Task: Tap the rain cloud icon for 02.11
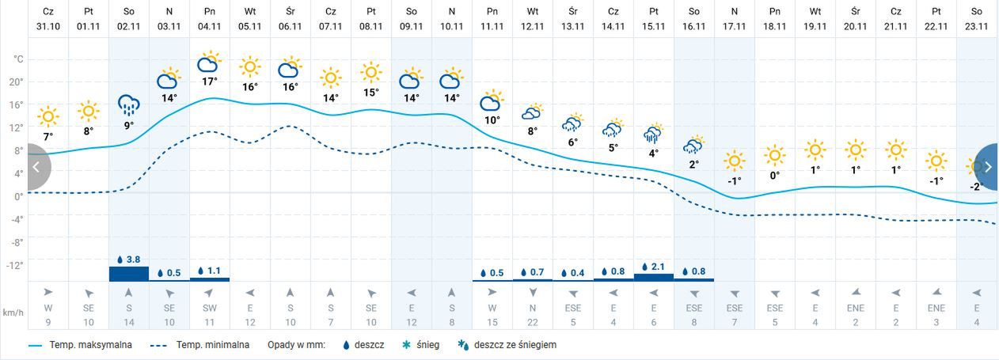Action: coord(129,104)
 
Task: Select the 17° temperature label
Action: coord(210,81)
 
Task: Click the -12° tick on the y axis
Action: coord(16,264)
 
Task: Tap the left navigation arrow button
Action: coord(36,167)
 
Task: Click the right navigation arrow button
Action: coord(988,167)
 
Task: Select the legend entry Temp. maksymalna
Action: coord(79,345)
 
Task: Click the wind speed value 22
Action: coord(533,322)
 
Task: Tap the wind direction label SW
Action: coord(210,308)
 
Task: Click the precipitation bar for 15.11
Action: coord(654,276)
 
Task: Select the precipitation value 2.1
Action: coord(658,266)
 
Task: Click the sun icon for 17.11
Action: coord(735,161)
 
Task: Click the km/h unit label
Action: coord(13,312)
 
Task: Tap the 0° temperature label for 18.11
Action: coord(775,176)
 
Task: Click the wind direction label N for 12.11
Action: coord(533,308)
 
